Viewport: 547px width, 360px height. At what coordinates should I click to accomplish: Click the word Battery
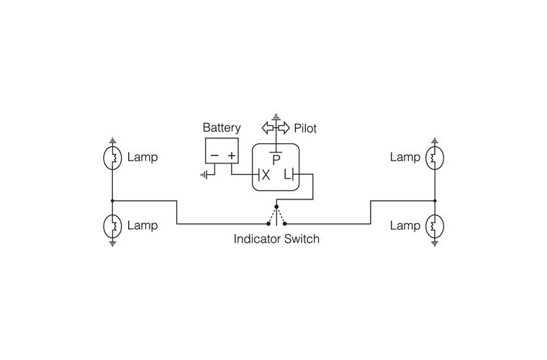tap(221, 128)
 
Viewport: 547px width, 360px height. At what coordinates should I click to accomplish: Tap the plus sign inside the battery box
tap(232, 156)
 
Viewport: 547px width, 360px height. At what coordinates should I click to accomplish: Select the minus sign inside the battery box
tap(214, 156)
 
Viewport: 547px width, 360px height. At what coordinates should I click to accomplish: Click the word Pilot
tap(305, 129)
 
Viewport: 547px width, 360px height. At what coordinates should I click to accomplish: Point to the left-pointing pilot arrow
tap(267, 128)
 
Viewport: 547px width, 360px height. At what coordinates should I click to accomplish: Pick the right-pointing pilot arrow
tap(283, 128)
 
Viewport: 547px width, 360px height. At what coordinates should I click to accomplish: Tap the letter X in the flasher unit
tap(265, 175)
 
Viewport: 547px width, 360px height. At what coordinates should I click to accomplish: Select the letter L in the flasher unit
tap(287, 175)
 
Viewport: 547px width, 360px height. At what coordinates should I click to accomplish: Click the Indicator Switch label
tap(276, 239)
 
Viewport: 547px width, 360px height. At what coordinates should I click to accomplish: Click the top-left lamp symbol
tap(112, 157)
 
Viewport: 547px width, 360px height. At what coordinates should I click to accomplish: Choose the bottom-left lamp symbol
tap(112, 226)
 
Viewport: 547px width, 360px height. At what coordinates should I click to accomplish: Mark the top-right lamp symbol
tap(435, 157)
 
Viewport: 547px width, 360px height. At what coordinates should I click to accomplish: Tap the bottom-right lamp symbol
tap(435, 226)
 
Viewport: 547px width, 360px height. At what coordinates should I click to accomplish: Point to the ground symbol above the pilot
tap(275, 117)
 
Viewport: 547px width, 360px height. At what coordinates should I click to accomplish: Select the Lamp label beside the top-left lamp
tap(142, 157)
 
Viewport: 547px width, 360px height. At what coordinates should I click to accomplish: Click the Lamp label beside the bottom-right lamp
tap(404, 226)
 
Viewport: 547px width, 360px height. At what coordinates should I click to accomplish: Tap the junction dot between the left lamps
tap(112, 201)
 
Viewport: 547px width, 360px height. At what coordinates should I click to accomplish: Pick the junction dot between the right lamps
tap(435, 201)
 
